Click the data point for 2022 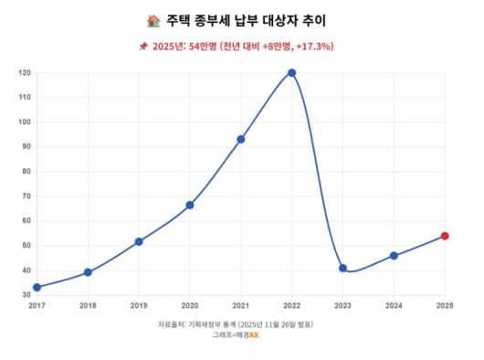(291, 73)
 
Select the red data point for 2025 (445, 236)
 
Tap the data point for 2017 (37, 287)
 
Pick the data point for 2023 (342, 269)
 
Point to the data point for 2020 (190, 206)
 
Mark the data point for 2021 (240, 140)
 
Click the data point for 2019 (139, 242)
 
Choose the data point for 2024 (394, 256)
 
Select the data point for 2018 (88, 272)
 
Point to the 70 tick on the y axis (26, 196)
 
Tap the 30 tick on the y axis (26, 295)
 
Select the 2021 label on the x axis (240, 305)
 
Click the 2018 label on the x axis (88, 305)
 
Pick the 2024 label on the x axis (394, 305)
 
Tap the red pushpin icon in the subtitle (142, 47)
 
